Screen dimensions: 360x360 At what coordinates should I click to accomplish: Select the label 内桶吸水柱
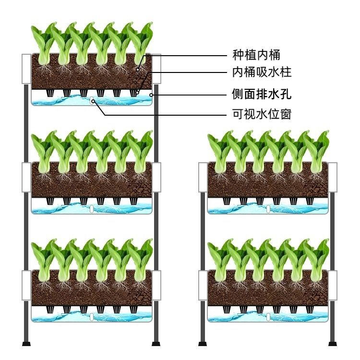tap(260, 73)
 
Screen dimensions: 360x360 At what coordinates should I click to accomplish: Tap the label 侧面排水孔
tap(260, 95)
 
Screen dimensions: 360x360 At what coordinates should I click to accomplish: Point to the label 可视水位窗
tap(260, 115)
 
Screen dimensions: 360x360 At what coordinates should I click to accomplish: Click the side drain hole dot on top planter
tap(152, 95)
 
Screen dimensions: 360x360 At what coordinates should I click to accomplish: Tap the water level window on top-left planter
tap(92, 100)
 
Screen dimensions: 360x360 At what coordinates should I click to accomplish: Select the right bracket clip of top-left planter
tap(157, 69)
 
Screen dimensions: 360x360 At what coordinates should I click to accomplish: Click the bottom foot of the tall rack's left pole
tap(26, 343)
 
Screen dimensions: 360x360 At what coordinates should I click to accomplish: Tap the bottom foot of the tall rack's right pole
tap(156, 343)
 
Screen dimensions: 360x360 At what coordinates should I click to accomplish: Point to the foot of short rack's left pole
tap(203, 343)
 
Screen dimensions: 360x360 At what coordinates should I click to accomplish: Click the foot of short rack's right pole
tap(332, 343)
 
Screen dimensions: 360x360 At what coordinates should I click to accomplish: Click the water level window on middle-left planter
tap(92, 209)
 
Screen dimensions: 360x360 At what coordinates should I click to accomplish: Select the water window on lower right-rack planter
tap(268, 317)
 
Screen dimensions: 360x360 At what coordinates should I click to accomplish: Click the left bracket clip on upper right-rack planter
tap(203, 178)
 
